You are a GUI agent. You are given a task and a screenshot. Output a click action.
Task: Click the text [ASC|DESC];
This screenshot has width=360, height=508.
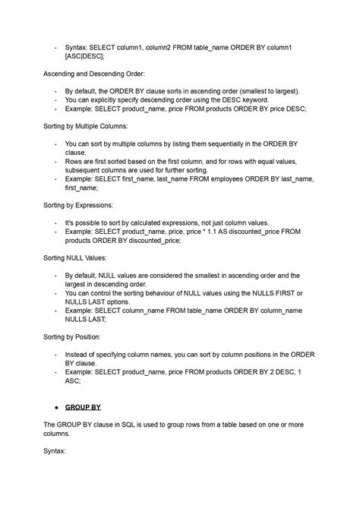point(86,55)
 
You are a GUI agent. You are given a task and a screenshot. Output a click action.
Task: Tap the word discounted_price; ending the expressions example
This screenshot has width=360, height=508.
point(150,241)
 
